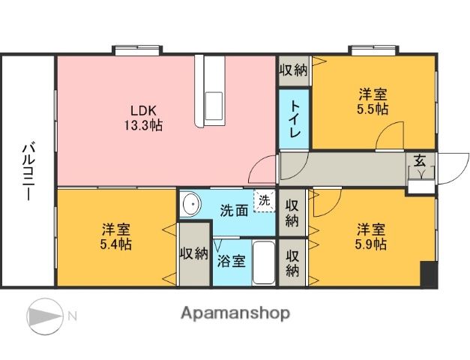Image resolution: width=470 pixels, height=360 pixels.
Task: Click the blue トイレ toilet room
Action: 295,119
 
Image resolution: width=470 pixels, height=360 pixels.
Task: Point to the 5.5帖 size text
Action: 373,109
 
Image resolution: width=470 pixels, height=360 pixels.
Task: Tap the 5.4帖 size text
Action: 117,244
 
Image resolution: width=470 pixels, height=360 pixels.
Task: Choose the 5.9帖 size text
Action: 372,244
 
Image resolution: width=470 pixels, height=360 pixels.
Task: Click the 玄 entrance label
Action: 420,159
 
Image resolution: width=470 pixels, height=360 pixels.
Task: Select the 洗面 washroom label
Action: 234,211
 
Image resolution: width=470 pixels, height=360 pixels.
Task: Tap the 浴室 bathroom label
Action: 231,262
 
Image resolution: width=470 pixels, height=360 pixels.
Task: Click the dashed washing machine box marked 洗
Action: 265,201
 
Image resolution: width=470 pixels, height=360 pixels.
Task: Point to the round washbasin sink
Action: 192,204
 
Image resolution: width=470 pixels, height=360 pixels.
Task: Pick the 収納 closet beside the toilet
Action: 294,70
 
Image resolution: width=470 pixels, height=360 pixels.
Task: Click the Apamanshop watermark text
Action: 235,313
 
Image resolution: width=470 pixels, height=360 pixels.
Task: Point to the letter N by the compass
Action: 72,316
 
